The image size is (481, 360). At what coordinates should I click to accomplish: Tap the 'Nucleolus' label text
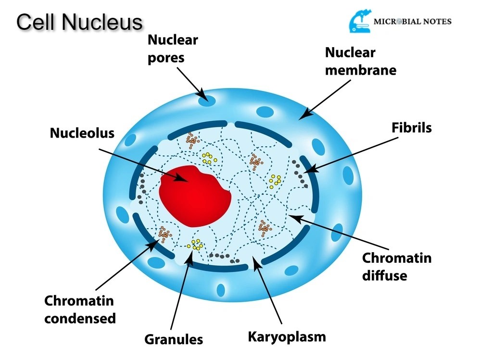(x=82, y=133)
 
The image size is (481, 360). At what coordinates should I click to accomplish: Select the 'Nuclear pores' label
(x=173, y=49)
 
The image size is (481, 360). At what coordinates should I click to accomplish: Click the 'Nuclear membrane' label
(x=361, y=61)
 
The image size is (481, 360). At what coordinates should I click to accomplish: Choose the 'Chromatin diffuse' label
(x=396, y=267)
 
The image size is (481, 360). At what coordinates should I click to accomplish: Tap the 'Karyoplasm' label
(x=287, y=336)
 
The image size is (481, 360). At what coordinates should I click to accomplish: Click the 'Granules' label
(x=174, y=339)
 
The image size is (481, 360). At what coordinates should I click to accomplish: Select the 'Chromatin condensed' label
(x=80, y=309)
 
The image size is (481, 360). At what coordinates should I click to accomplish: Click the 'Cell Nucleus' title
(x=80, y=22)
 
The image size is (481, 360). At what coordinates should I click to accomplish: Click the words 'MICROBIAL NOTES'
(x=412, y=22)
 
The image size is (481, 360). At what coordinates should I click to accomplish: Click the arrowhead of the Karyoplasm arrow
(x=255, y=260)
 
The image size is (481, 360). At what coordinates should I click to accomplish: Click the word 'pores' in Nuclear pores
(x=166, y=58)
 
